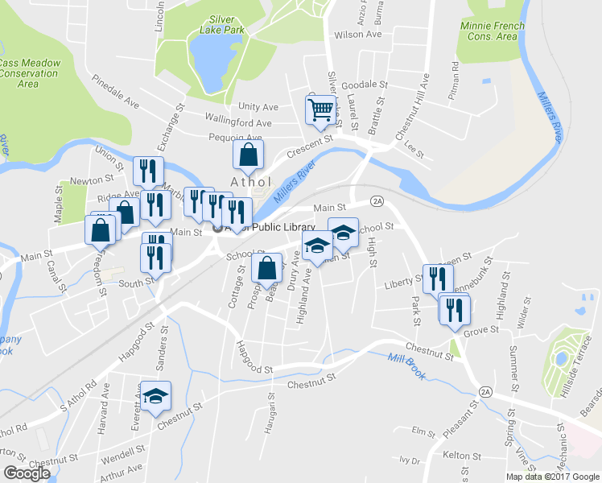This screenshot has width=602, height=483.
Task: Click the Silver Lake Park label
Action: coord(221,23)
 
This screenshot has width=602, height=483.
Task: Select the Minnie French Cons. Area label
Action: coord(492,31)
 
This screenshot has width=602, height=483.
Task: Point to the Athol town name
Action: coord(249,181)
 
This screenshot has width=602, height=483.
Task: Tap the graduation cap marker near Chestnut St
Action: coord(155,395)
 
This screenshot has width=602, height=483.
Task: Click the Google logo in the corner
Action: coord(27,473)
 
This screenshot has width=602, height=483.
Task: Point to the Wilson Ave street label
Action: coord(357,35)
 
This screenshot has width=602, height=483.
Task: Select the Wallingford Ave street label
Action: coord(238,123)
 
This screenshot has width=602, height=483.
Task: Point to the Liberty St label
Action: coord(403,282)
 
